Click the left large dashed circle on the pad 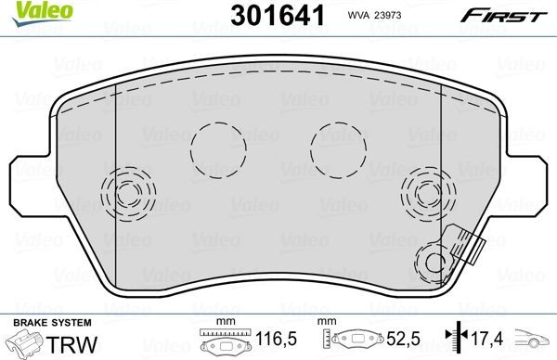(217, 148)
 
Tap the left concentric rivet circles (128, 194)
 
